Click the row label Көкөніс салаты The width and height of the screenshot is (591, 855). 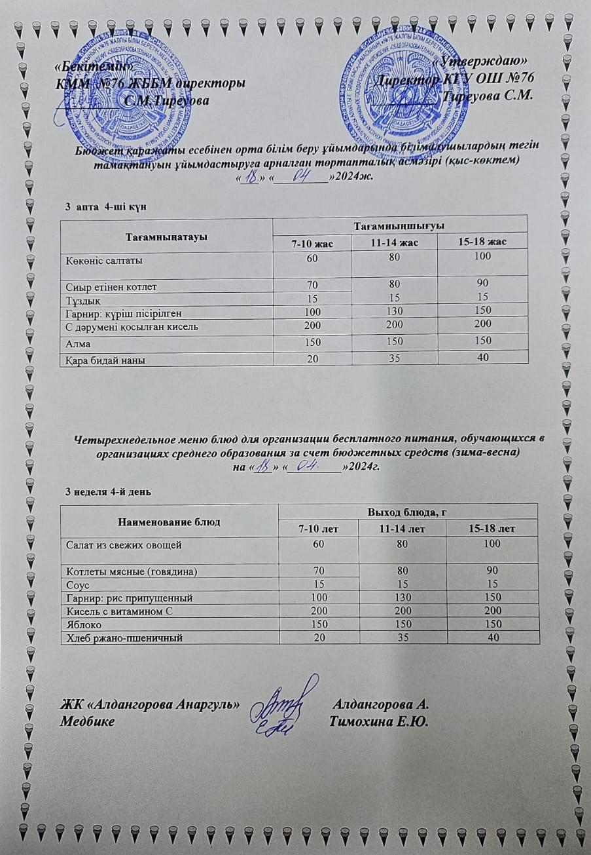pyautogui.click(x=104, y=260)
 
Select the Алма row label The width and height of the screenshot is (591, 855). pyautogui.click(x=77, y=342)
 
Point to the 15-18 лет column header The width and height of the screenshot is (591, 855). pyautogui.click(x=492, y=528)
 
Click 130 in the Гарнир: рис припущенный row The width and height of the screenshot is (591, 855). pyautogui.click(x=401, y=597)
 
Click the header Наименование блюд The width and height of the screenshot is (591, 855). pyautogui.click(x=169, y=522)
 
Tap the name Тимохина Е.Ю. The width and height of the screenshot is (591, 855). pyautogui.click(x=379, y=722)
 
